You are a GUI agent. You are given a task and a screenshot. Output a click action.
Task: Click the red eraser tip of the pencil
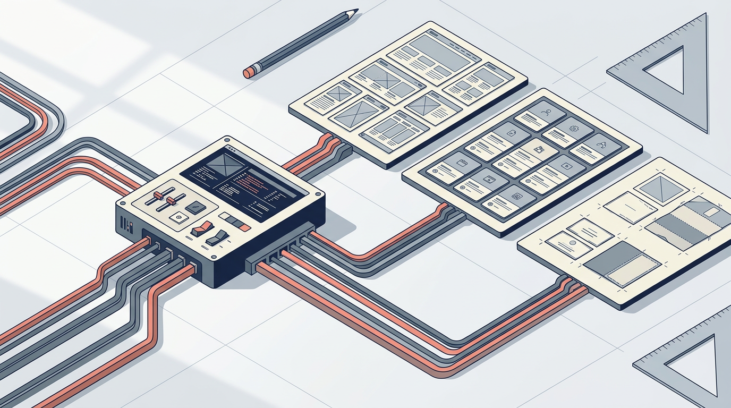248,73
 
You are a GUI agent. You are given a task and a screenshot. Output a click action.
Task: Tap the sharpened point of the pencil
355,10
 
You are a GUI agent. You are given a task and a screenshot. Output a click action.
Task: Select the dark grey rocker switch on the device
218,237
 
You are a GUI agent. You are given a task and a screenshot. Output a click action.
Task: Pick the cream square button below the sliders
178,217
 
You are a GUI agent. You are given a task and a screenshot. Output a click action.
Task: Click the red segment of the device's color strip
244,227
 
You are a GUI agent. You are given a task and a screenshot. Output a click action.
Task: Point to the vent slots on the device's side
123,222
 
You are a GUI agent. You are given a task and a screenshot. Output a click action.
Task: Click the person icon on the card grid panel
545,113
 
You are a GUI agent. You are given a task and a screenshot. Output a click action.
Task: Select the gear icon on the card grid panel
573,128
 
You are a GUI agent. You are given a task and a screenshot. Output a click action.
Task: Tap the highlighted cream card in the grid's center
538,150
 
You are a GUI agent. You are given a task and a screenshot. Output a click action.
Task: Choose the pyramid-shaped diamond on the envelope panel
657,187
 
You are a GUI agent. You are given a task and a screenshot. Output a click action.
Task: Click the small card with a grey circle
569,245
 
